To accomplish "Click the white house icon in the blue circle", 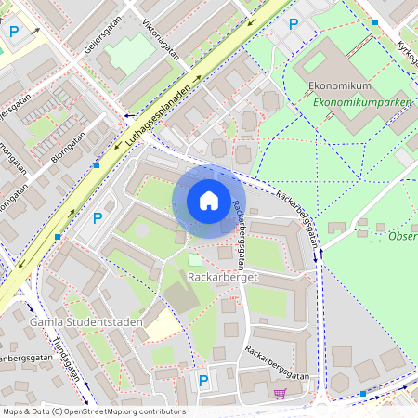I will [209, 201].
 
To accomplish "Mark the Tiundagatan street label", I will [66, 362].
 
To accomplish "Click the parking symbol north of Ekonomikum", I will [294, 24].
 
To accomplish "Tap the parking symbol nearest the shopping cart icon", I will [203, 379].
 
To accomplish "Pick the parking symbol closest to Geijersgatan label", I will [14, 31].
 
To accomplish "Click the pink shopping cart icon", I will [280, 394].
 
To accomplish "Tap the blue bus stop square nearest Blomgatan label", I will [97, 165].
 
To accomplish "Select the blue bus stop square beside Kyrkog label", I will [375, 21].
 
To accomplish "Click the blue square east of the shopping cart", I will [362, 394].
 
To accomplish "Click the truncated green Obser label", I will [401, 236].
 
